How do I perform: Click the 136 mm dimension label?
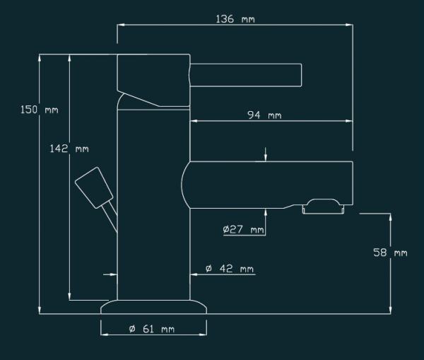[x=235, y=19]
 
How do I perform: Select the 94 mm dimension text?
[x=264, y=115]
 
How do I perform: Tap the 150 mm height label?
[x=40, y=110]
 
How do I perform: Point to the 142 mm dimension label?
[x=69, y=149]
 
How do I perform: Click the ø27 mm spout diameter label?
[x=243, y=230]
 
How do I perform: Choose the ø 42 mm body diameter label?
[x=230, y=269]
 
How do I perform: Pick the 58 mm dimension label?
[x=390, y=252]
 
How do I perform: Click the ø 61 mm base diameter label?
[x=152, y=329]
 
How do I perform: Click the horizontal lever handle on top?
[x=246, y=75]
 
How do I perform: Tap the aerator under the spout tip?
[x=323, y=207]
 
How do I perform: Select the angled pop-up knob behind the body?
[x=94, y=187]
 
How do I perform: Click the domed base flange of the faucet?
[x=153, y=307]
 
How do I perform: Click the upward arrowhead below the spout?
[x=266, y=212]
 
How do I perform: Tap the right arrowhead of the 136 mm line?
[x=349, y=25]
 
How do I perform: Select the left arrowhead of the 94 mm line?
[x=194, y=121]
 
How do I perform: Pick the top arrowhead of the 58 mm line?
[x=390, y=217]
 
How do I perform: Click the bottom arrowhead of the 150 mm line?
[x=40, y=310]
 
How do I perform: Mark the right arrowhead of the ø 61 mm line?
[x=203, y=335]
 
